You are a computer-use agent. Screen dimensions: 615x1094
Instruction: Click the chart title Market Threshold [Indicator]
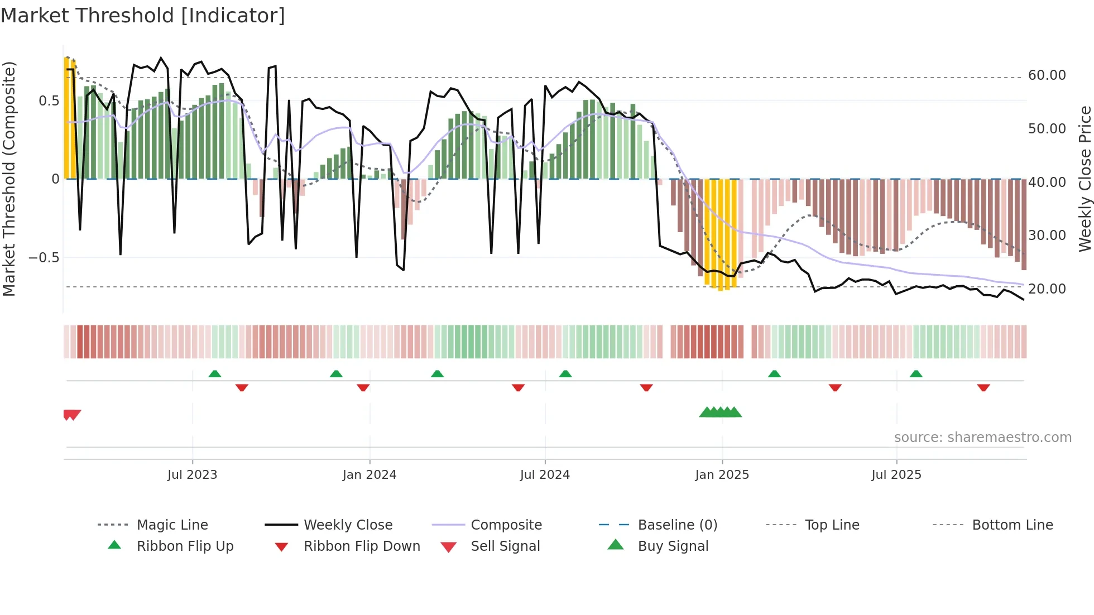coord(143,16)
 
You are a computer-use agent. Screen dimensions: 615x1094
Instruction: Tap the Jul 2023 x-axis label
coord(192,475)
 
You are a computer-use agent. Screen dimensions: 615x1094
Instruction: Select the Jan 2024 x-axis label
coord(370,475)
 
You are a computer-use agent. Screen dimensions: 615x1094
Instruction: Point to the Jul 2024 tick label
coord(545,475)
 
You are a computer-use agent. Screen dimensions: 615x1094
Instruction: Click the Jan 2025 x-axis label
coord(722,475)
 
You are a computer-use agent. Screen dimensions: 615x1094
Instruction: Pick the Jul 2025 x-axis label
coord(896,475)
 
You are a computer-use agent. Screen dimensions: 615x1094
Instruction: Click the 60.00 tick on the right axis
coord(1047,75)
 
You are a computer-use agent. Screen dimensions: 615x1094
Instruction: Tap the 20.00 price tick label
coord(1047,289)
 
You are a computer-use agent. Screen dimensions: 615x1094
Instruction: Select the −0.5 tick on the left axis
coord(44,258)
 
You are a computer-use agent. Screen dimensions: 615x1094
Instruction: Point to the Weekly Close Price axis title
coord(1085,179)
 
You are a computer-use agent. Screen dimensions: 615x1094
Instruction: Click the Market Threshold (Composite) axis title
coord(9,179)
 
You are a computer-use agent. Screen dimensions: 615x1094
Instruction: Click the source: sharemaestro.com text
coord(982,438)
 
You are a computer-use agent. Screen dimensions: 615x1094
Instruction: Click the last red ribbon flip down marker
coord(983,387)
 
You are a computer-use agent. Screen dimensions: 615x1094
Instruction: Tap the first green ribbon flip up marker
coord(215,374)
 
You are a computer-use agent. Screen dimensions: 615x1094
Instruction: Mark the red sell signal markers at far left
coord(72,415)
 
